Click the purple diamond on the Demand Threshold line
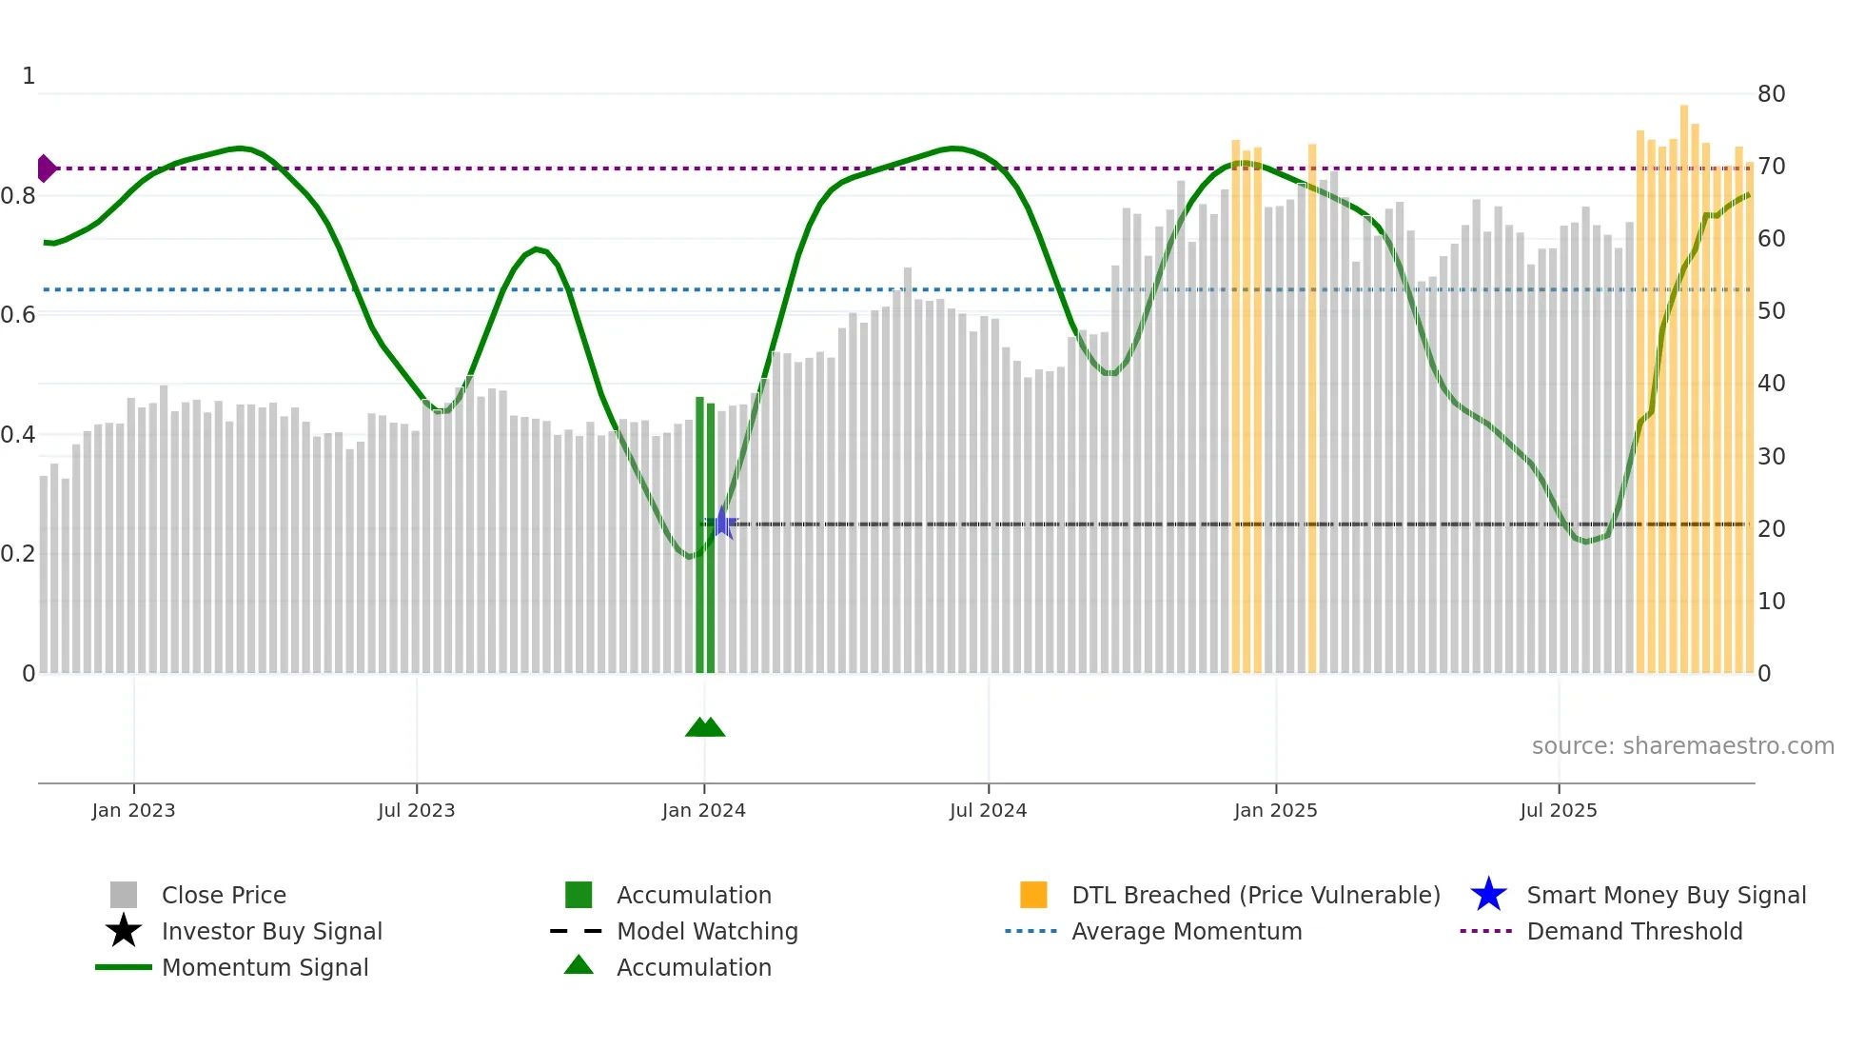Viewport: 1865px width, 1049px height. [x=46, y=168]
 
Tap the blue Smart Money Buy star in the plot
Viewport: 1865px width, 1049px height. [x=722, y=524]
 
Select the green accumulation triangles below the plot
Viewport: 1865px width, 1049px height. [x=705, y=727]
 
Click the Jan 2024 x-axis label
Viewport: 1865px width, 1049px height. [x=704, y=810]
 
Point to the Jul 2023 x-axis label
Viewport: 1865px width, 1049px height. [x=417, y=810]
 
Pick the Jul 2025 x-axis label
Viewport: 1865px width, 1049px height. [x=1559, y=810]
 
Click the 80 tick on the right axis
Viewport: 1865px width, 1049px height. [x=1771, y=94]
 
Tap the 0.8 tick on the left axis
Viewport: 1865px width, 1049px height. [x=19, y=196]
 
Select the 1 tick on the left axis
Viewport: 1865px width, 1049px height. [x=29, y=76]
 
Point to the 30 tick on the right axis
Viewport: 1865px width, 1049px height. [x=1771, y=457]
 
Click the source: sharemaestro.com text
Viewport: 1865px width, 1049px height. [x=1682, y=746]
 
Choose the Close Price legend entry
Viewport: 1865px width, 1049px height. [x=224, y=895]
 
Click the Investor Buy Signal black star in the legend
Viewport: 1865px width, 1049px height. [x=124, y=931]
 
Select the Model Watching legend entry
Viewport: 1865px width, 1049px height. [x=707, y=931]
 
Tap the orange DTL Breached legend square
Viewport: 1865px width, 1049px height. [x=1033, y=895]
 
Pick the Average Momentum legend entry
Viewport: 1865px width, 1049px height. [x=1187, y=931]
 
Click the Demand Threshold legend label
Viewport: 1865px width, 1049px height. [x=1634, y=931]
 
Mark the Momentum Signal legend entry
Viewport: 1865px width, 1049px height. [x=265, y=967]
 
